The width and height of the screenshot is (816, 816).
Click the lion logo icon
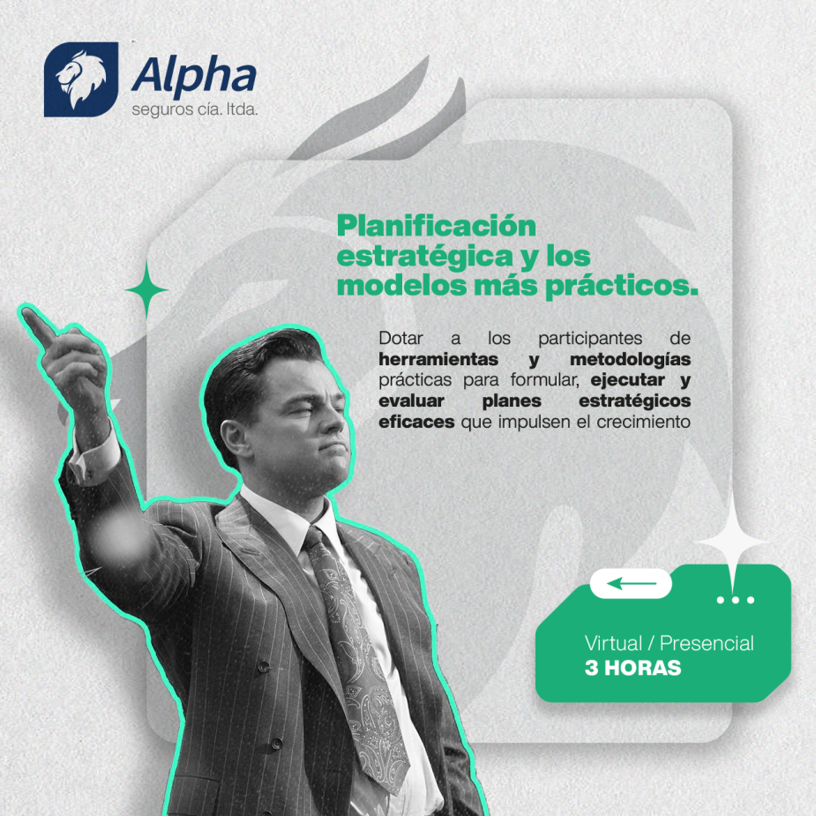pyautogui.click(x=81, y=79)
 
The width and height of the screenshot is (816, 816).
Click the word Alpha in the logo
pyautogui.click(x=193, y=76)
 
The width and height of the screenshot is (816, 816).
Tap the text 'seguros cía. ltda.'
pyautogui.click(x=195, y=110)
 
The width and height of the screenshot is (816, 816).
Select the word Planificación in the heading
pyautogui.click(x=436, y=227)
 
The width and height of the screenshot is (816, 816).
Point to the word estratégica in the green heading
pyautogui.click(x=425, y=257)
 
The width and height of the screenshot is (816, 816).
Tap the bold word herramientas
pyautogui.click(x=438, y=359)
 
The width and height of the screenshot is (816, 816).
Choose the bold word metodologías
pyautogui.click(x=630, y=359)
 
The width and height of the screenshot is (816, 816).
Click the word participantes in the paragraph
pyautogui.click(x=590, y=339)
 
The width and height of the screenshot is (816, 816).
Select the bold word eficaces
pyautogui.click(x=416, y=422)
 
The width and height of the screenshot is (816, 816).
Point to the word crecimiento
pyautogui.click(x=643, y=422)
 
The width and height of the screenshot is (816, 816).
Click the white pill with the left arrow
pyautogui.click(x=631, y=583)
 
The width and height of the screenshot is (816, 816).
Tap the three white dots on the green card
pyautogui.click(x=736, y=600)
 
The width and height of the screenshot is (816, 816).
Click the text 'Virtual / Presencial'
pyautogui.click(x=670, y=644)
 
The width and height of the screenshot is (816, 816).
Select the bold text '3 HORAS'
pyautogui.click(x=633, y=668)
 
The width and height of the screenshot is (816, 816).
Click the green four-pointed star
pyautogui.click(x=146, y=290)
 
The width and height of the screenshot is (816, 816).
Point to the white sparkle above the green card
pyautogui.click(x=733, y=543)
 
